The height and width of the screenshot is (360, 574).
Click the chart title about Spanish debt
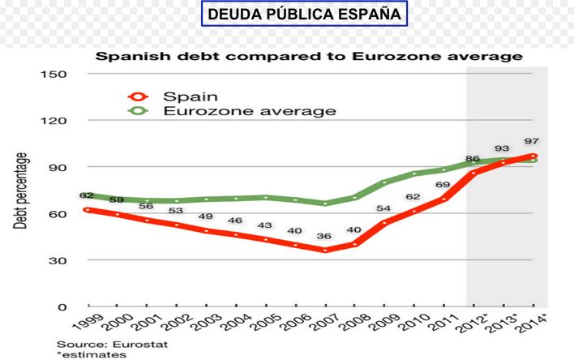pos(309,57)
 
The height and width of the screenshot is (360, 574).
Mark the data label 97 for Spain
pos(532,141)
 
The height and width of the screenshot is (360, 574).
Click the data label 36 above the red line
pos(324,236)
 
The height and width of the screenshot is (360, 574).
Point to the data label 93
pos(503,148)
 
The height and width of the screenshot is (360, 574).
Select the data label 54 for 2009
pos(384,208)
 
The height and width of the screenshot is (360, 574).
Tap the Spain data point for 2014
pos(533,156)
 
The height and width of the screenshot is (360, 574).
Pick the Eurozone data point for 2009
pos(385,182)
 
